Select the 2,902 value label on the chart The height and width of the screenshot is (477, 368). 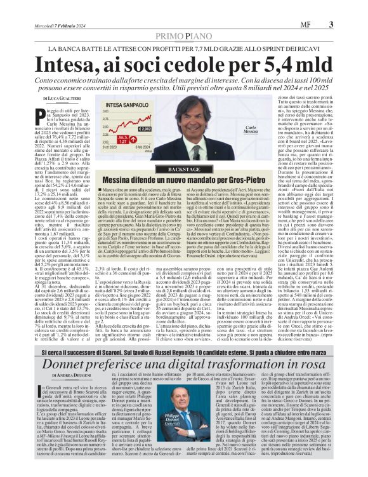click(x=143, y=129)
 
